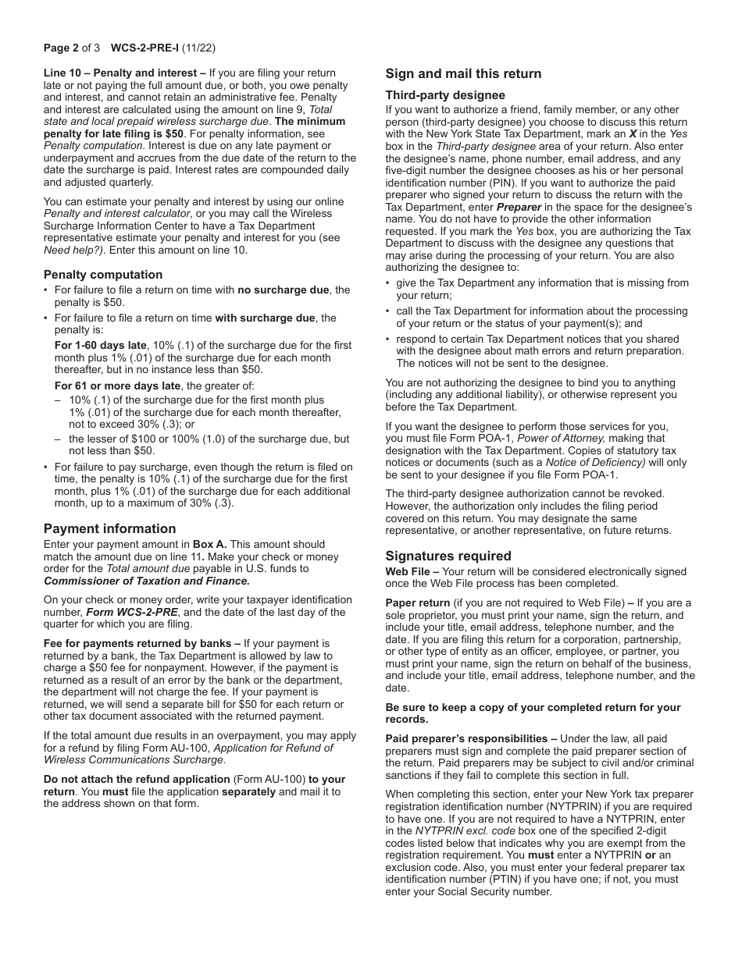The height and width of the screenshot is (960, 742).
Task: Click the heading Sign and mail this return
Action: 463,74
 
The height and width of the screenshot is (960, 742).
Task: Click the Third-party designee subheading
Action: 445,95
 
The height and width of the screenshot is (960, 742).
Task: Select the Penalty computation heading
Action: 103,275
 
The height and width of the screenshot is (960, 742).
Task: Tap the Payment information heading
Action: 109,529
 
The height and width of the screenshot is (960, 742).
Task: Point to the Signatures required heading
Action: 448,556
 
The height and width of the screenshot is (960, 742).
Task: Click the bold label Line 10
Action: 64,73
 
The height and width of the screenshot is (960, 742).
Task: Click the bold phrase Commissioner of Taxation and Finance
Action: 147,581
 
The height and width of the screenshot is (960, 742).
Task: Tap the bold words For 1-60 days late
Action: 100,345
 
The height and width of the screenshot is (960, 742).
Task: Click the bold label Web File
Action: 408,572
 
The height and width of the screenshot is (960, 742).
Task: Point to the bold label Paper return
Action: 418,603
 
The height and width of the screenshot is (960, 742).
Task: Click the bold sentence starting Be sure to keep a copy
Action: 533,708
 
